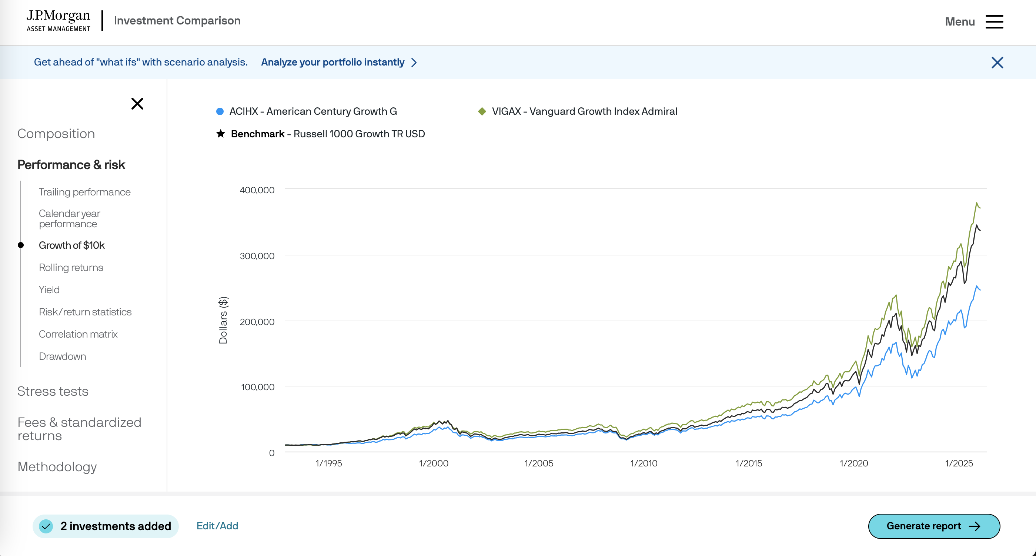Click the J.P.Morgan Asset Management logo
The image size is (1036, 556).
pyautogui.click(x=58, y=21)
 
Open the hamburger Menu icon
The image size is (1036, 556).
pyautogui.click(x=994, y=22)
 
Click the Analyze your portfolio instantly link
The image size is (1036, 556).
pyautogui.click(x=332, y=62)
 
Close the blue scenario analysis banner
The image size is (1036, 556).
pyautogui.click(x=997, y=62)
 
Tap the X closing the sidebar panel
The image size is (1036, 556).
pyautogui.click(x=137, y=104)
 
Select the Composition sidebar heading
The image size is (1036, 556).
pyautogui.click(x=56, y=134)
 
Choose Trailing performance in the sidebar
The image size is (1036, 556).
pyautogui.click(x=84, y=192)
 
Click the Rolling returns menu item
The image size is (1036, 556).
pyautogui.click(x=71, y=267)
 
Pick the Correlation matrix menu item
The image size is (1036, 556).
pyautogui.click(x=78, y=334)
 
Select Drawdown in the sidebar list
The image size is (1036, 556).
pyautogui.click(x=62, y=356)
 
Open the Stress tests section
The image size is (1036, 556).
pyautogui.click(x=53, y=391)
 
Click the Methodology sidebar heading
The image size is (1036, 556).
pyautogui.click(x=57, y=467)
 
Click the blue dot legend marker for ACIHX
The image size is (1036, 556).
pyautogui.click(x=220, y=111)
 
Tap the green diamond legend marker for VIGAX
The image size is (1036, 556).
pyautogui.click(x=482, y=111)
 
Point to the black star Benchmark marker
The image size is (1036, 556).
pyautogui.click(x=220, y=134)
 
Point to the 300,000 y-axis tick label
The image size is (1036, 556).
pyautogui.click(x=257, y=256)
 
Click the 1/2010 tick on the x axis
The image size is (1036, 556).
pyautogui.click(x=644, y=463)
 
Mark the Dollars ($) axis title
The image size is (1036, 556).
pyautogui.click(x=223, y=320)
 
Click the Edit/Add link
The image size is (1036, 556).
pyautogui.click(x=217, y=526)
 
